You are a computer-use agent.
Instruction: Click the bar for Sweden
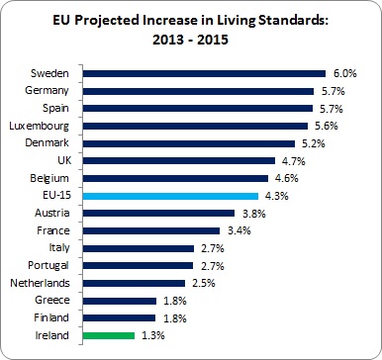click(x=204, y=72)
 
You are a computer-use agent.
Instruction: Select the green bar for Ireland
click(x=108, y=336)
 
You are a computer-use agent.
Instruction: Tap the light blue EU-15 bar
click(x=170, y=196)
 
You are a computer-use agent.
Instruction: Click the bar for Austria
click(x=158, y=213)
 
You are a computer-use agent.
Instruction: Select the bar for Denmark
click(x=189, y=142)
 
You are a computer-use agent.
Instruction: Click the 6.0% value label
click(x=343, y=72)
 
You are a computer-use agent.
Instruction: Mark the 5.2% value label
click(x=314, y=142)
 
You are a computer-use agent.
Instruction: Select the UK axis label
click(x=62, y=160)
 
